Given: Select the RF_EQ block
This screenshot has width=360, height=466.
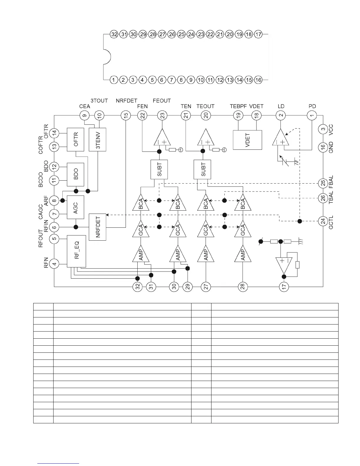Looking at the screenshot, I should pyautogui.click(x=76, y=251).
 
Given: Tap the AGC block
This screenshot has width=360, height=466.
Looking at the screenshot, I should pyautogui.click(x=76, y=207).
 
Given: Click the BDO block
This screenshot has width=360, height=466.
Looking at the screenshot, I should pyautogui.click(x=76, y=174).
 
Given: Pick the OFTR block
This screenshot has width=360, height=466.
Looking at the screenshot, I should pyautogui.click(x=76, y=139).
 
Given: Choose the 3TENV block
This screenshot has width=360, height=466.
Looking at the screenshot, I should pyautogui.click(x=97, y=139).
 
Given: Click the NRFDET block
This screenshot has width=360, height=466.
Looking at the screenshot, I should pyautogui.click(x=97, y=227).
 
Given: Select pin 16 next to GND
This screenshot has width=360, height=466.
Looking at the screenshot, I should pyautogui.click(x=323, y=147).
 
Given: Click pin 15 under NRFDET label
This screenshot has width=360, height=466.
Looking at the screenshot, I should pyautogui.click(x=126, y=116).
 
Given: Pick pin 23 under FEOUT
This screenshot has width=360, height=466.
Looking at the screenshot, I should pyautogui.click(x=162, y=116).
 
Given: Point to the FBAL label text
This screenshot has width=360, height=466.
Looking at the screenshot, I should pyautogui.click(x=331, y=182).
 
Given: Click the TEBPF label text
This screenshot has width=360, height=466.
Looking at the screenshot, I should pyautogui.click(x=238, y=106).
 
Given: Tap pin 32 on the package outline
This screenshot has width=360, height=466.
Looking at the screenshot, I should pyautogui.click(x=114, y=34).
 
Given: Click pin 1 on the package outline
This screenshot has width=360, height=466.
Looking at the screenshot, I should pyautogui.click(x=114, y=80).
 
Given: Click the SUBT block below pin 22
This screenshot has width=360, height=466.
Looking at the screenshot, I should pyautogui.click(x=159, y=169).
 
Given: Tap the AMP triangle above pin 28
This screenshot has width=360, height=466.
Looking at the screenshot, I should pyautogui.click(x=243, y=254).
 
